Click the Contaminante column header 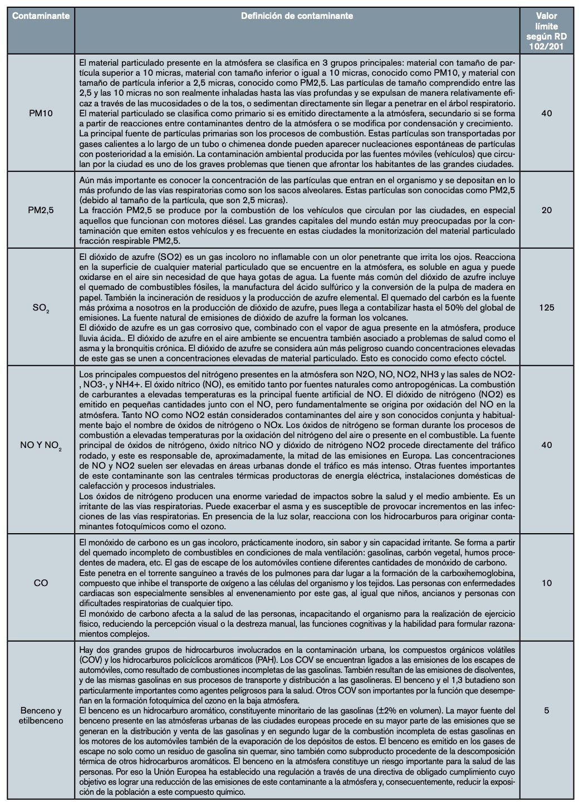point(41,16)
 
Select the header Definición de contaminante point(297,16)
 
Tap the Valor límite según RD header point(546,31)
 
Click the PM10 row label point(41,114)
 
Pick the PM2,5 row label point(41,210)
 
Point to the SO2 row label point(41,308)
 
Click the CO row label point(41,583)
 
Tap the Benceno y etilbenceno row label point(41,716)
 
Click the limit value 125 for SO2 point(546,308)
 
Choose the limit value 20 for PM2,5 point(546,210)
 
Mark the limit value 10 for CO point(546,583)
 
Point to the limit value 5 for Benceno point(546,711)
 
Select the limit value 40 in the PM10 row point(546,114)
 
